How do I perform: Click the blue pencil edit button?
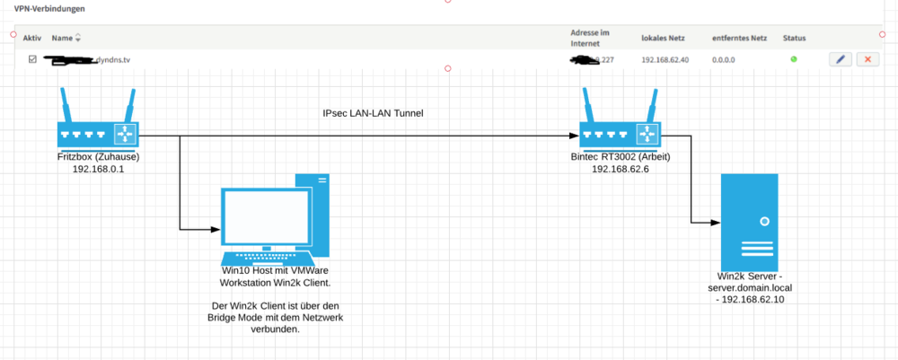click(841, 59)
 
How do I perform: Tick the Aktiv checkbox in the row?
click(33, 59)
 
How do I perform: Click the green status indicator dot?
click(793, 59)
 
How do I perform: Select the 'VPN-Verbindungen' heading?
click(49, 8)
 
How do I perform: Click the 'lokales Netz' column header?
click(663, 39)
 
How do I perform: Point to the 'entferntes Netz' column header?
click(739, 39)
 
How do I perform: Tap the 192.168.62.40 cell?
click(665, 60)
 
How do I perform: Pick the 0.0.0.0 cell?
click(725, 60)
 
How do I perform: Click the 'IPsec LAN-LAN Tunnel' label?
click(373, 114)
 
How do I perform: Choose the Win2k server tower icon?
click(751, 219)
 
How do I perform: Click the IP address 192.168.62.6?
click(619, 168)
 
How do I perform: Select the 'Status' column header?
click(794, 39)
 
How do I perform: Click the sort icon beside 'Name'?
click(77, 39)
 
